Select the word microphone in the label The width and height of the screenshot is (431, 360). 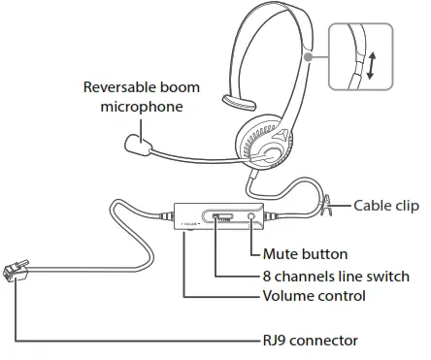142,104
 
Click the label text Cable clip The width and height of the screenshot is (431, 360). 385,205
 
